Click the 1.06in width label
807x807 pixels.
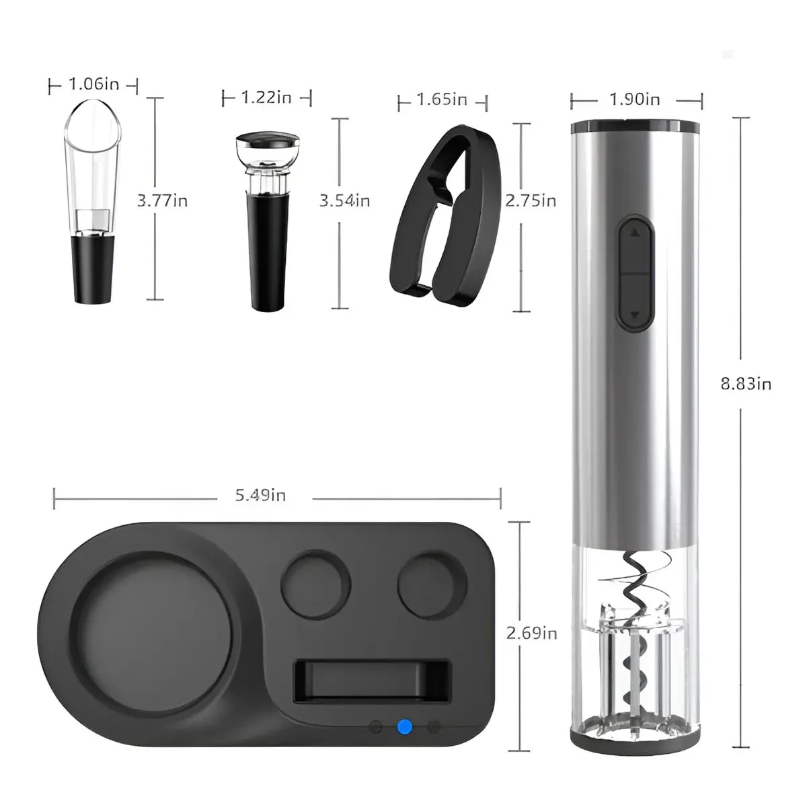tap(93, 84)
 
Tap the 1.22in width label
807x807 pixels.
tap(266, 98)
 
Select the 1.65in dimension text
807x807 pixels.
tap(442, 100)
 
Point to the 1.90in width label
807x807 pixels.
tap(634, 100)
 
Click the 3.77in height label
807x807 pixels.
tap(163, 201)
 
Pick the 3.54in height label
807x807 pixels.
tap(345, 201)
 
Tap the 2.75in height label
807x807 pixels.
tap(531, 201)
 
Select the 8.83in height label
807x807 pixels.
tap(746, 384)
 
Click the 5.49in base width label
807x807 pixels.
tap(260, 496)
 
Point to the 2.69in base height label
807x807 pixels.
tap(532, 633)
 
